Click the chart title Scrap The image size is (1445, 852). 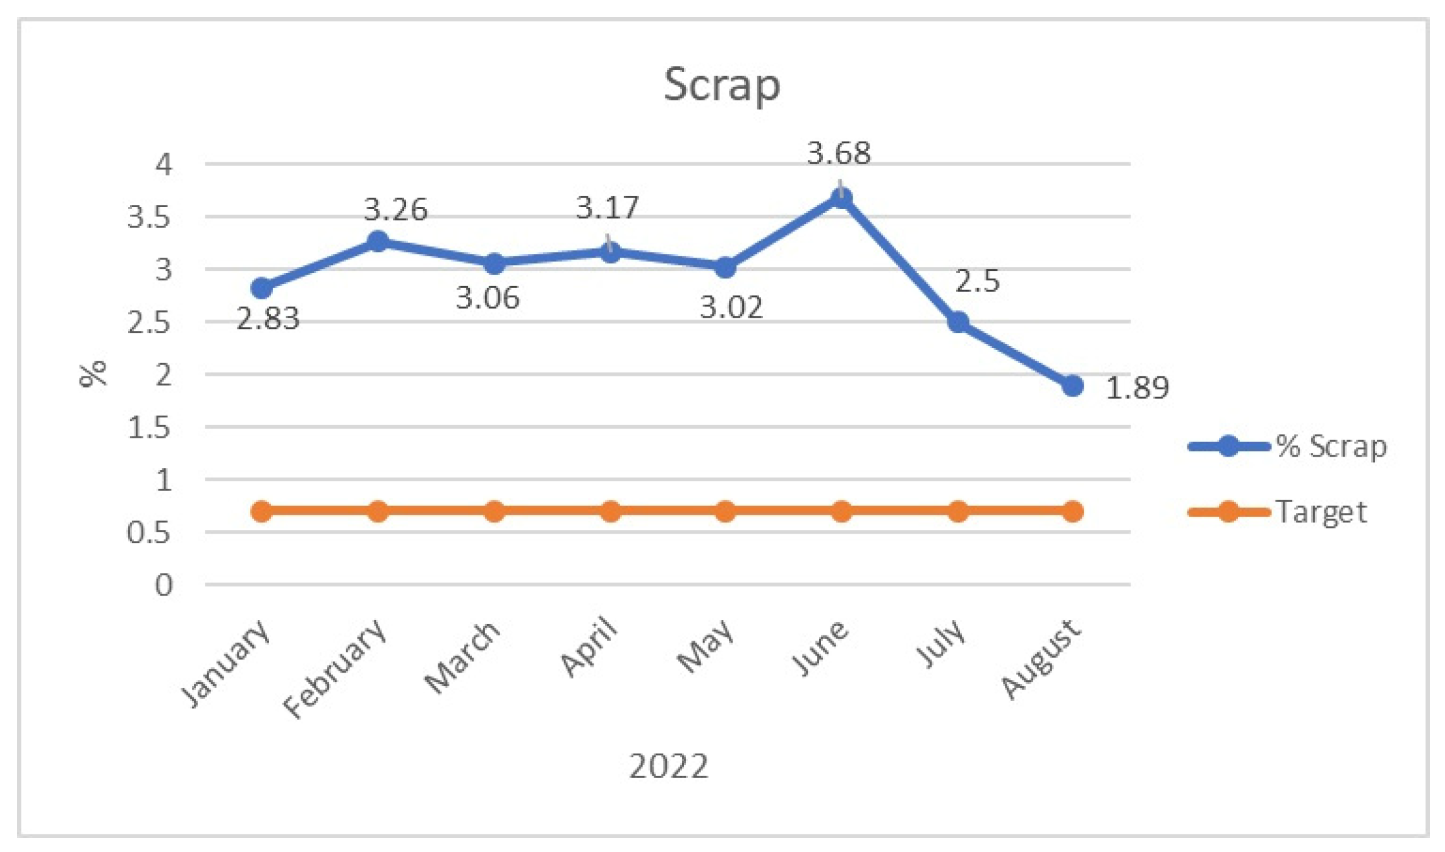point(721,85)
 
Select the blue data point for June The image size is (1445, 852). point(841,198)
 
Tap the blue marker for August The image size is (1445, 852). point(1072,385)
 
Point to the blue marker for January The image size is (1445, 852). point(261,288)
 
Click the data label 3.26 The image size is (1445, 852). point(395,210)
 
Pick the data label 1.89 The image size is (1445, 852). point(1137,388)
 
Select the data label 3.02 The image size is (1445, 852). point(731,308)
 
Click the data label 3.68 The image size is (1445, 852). point(839,153)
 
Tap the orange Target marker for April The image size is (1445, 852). point(610,511)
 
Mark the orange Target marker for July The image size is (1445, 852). point(958,511)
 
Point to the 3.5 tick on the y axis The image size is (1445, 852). point(149,217)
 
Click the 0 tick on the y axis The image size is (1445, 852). point(164,585)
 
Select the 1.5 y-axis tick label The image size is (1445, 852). point(149,428)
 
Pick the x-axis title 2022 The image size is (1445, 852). point(669,766)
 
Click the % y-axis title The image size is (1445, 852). point(93,374)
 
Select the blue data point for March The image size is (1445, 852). point(495,263)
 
